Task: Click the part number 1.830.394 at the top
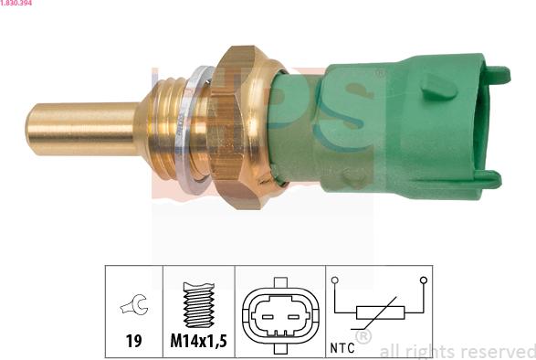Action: coord(16,3)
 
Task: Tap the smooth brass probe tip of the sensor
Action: coord(82,129)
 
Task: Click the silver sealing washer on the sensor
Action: coord(194,130)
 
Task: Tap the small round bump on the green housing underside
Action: coord(354,177)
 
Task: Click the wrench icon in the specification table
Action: coord(134,305)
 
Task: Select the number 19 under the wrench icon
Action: coord(133,341)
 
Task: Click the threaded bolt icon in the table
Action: coord(199,304)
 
